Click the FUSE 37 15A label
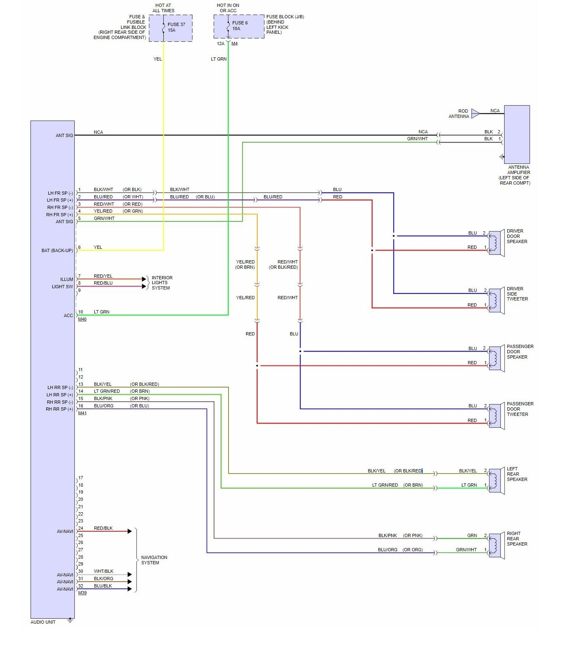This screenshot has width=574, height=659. pyautogui.click(x=176, y=27)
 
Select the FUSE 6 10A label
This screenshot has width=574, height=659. pyautogui.click(x=240, y=26)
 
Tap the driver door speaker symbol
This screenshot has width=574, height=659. pyautogui.click(x=496, y=243)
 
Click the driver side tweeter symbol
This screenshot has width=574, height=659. pyautogui.click(x=496, y=301)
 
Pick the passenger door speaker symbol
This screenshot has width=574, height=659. pyautogui.click(x=496, y=359)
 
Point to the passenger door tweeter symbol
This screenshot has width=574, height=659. pyautogui.click(x=496, y=416)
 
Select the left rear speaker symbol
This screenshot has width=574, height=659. pyautogui.click(x=496, y=481)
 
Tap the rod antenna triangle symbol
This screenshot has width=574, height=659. pyautogui.click(x=475, y=113)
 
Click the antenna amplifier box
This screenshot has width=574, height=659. pyautogui.click(x=517, y=134)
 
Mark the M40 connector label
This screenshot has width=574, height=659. pyautogui.click(x=82, y=320)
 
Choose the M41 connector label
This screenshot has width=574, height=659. pyautogui.click(x=82, y=413)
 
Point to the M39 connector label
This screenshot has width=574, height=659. pyautogui.click(x=82, y=593)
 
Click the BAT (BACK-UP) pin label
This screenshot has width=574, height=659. pyautogui.click(x=57, y=250)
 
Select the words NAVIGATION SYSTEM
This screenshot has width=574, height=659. pyautogui.click(x=154, y=560)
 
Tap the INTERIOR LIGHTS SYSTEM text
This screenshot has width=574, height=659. pyautogui.click(x=162, y=283)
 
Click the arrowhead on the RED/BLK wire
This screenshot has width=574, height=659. pyautogui.click(x=130, y=531)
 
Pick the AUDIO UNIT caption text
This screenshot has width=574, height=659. pyautogui.click(x=43, y=622)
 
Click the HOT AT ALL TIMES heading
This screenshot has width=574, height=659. pyautogui.click(x=163, y=8)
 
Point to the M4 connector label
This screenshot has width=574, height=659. pyautogui.click(x=234, y=44)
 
